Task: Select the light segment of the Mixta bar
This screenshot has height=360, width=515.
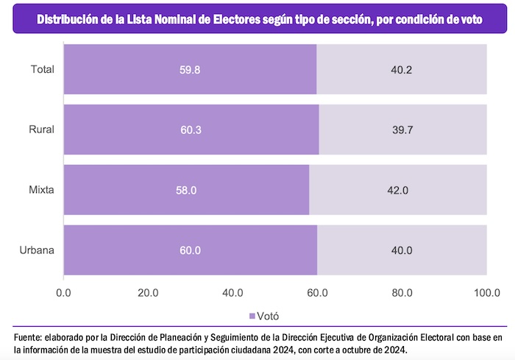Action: click(x=397, y=190)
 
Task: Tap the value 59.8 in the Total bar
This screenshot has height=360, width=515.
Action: click(x=190, y=69)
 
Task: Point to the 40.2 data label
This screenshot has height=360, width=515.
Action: click(x=400, y=69)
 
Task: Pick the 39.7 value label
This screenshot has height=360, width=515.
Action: click(x=402, y=130)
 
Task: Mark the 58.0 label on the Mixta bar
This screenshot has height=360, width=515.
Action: click(x=187, y=190)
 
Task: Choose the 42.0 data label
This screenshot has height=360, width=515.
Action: click(x=397, y=190)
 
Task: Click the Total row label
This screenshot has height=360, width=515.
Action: click(x=42, y=69)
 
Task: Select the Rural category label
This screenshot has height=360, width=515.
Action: click(x=42, y=130)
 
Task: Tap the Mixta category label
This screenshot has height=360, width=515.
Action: click(x=42, y=190)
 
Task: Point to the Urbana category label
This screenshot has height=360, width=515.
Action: click(x=38, y=250)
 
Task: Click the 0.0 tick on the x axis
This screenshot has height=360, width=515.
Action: click(x=64, y=293)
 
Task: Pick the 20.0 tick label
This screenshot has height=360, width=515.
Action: click(x=148, y=293)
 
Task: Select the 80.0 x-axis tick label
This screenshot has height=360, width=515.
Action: click(x=402, y=293)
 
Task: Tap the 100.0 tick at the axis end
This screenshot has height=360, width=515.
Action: click(x=486, y=293)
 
